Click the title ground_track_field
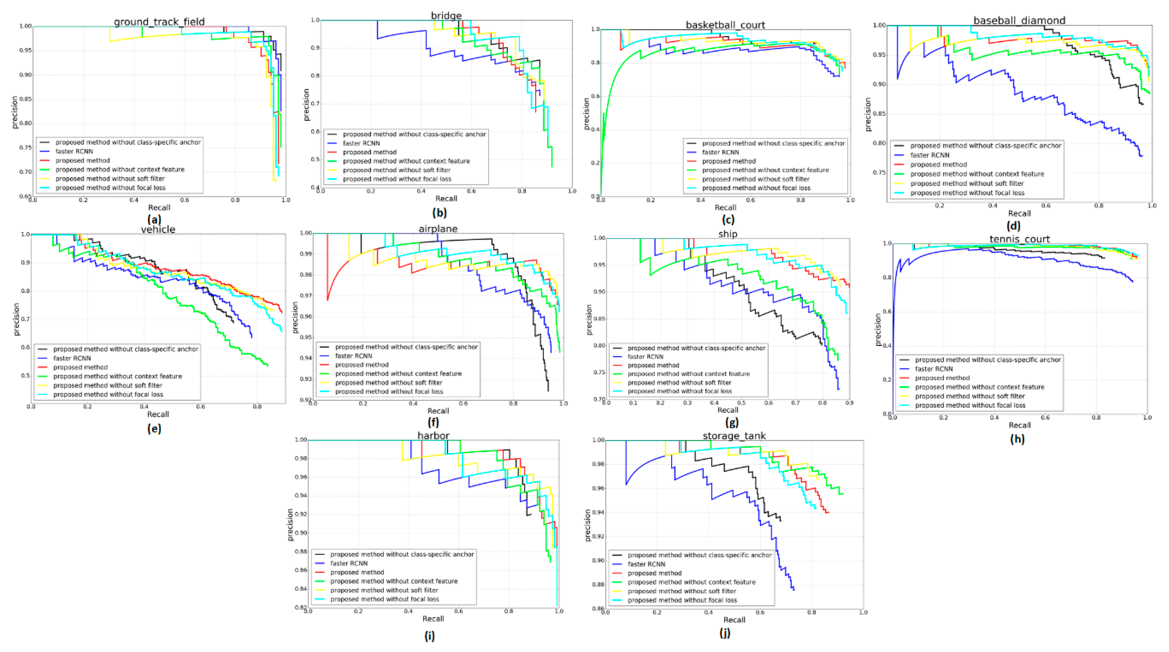[159, 21]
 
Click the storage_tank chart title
[734, 436]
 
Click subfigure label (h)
[1017, 439]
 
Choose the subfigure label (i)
[429, 636]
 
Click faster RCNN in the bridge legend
[361, 143]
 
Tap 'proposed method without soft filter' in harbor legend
[384, 590]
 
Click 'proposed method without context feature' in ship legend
[688, 374]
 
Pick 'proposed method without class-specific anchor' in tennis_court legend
[988, 360]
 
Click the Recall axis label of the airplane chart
[438, 411]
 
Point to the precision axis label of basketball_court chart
[586, 113]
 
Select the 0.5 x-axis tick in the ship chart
[741, 403]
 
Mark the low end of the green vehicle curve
[268, 366]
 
